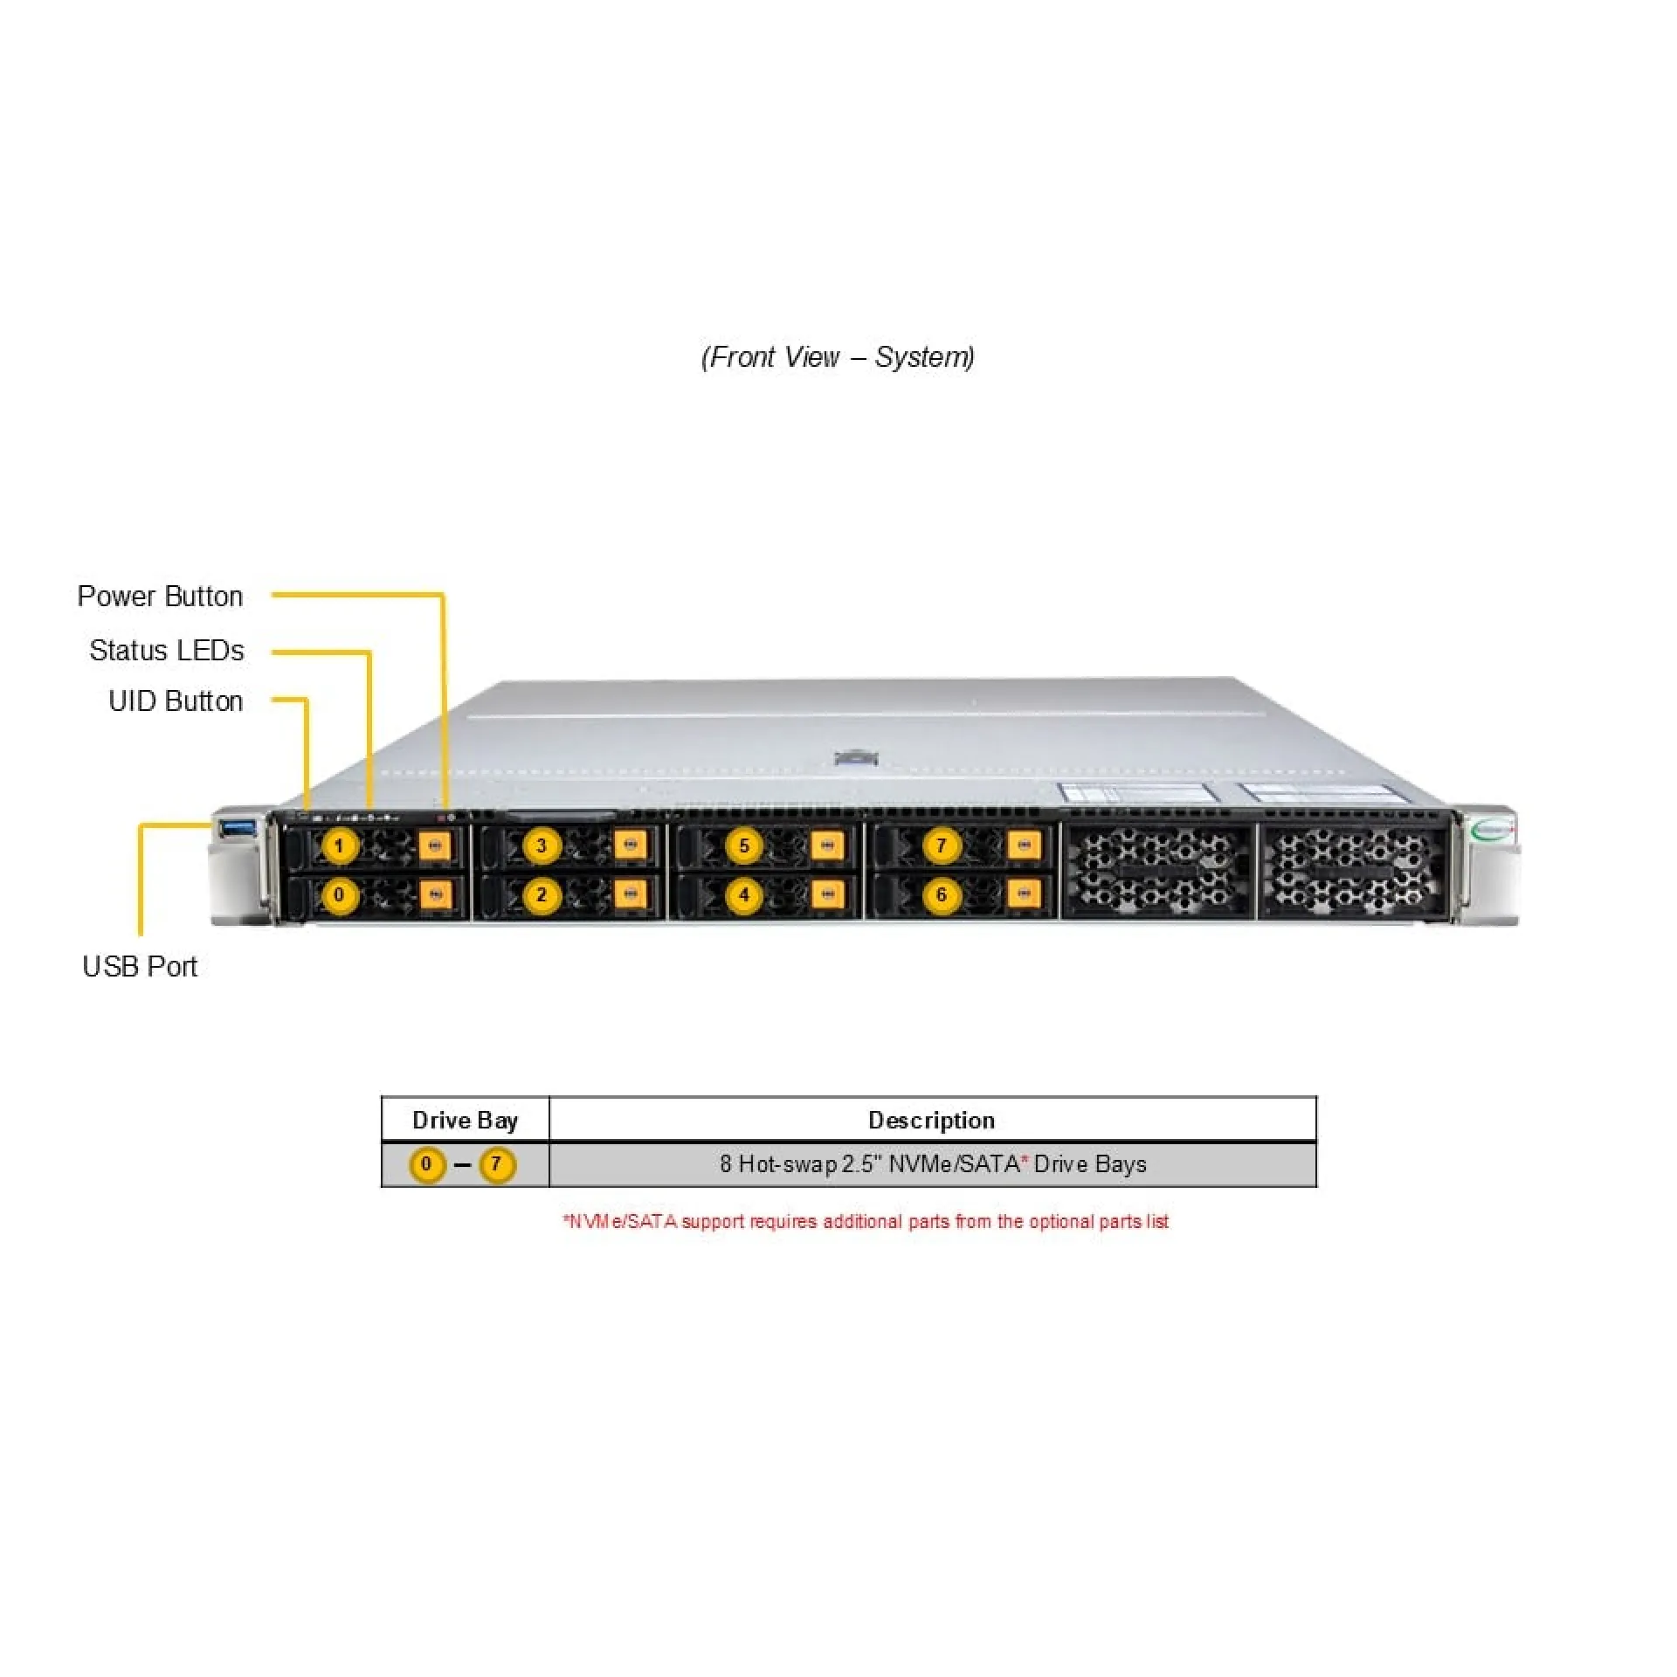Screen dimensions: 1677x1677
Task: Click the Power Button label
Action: (160, 597)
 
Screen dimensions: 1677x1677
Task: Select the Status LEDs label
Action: (167, 651)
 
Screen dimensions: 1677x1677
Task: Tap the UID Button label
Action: (176, 701)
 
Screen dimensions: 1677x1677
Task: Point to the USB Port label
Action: (140, 967)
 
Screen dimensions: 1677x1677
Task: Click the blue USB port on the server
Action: (238, 827)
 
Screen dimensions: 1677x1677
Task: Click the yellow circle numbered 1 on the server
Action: (339, 845)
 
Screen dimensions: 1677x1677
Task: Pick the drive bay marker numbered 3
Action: (542, 845)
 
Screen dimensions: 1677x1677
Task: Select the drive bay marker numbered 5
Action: (744, 845)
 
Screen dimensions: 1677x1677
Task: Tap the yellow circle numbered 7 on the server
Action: (941, 845)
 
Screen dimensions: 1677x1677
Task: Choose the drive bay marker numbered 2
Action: (542, 895)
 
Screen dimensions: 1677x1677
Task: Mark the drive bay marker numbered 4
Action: (744, 895)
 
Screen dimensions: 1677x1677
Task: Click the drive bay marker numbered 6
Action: (941, 895)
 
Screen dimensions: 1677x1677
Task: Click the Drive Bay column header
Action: (465, 1121)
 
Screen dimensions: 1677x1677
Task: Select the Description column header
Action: (931, 1121)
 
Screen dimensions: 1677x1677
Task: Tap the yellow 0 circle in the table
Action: (426, 1164)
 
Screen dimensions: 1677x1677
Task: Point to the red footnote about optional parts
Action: (866, 1221)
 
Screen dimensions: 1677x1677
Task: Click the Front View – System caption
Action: (838, 357)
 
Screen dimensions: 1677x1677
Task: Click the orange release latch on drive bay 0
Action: (435, 894)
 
